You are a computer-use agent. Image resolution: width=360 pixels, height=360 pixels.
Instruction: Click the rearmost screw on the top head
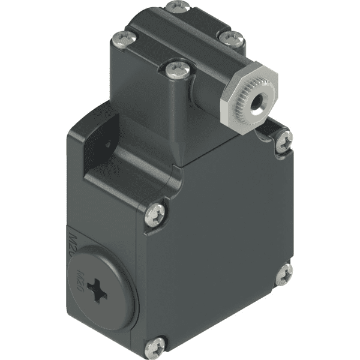[178, 7]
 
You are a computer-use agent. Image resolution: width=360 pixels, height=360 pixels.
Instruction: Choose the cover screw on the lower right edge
[283, 274]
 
